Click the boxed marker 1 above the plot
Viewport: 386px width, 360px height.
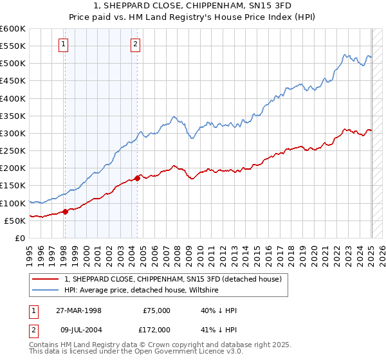tap(64, 44)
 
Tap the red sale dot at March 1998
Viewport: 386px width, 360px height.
tap(65, 212)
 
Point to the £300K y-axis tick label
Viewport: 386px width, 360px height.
tap(12, 133)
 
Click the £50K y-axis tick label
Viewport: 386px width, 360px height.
tap(15, 221)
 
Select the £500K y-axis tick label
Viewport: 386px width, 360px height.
tap(12, 64)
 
